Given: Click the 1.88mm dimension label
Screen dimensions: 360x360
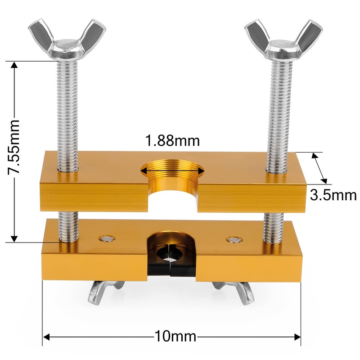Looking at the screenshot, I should [x=172, y=141].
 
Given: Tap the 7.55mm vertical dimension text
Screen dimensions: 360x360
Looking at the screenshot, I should [x=16, y=147].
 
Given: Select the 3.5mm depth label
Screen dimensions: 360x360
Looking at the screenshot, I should [x=333, y=195].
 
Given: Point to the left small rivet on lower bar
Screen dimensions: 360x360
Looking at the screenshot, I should [x=107, y=238].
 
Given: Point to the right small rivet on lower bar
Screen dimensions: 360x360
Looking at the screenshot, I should [x=233, y=239].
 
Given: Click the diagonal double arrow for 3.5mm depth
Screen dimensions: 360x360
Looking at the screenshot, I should [x=321, y=168].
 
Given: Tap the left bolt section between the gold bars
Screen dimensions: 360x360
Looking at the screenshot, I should [x=69, y=216].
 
